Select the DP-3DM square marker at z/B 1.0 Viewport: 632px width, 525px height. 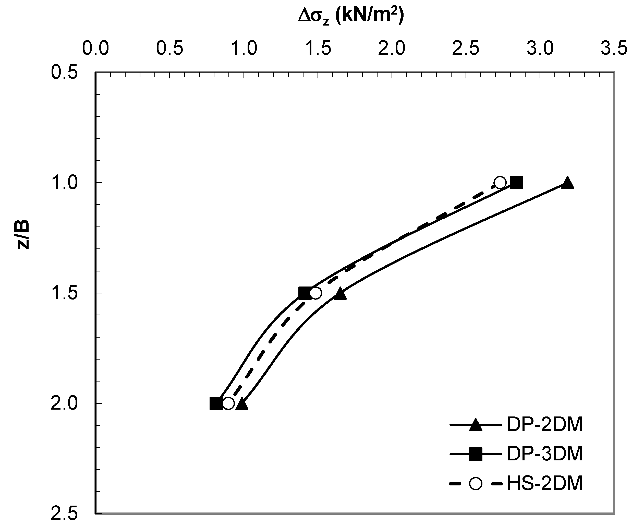coord(516,182)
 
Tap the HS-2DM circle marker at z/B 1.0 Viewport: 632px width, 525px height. coord(500,182)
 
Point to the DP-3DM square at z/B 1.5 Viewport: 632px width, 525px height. coord(305,293)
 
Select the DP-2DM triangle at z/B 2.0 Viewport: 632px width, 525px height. coord(242,404)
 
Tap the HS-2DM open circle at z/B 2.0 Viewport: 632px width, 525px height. coord(228,403)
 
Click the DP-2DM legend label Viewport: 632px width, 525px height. coord(545,425)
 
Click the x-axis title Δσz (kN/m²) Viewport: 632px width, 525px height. coord(351,17)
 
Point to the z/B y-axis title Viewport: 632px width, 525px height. coord(23,235)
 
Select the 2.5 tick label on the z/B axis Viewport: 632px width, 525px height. coord(64,514)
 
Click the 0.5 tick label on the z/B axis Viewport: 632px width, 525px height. coord(64,73)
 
